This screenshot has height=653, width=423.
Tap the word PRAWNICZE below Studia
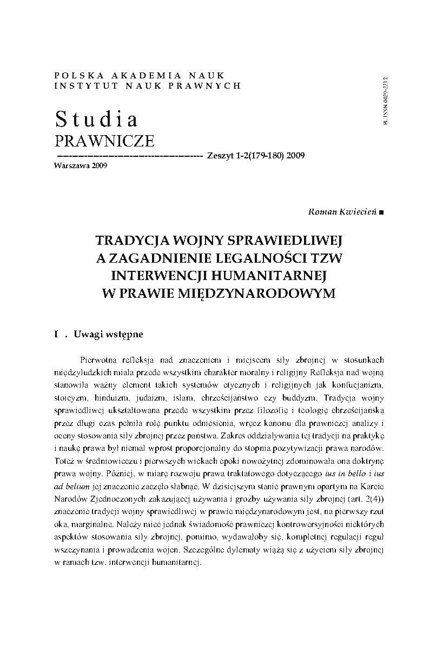point(105,141)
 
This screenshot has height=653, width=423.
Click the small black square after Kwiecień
point(382,212)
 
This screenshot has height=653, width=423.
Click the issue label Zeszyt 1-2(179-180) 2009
point(255,156)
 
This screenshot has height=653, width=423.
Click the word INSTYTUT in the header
point(83,85)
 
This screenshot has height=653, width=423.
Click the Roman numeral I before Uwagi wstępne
point(56,334)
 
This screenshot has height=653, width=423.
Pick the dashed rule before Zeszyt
point(128,155)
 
